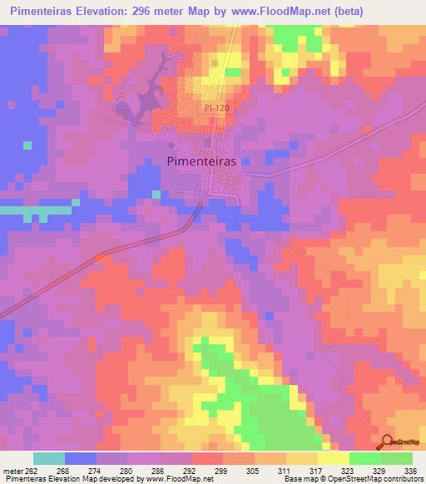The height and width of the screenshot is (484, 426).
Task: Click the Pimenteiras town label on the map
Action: pyautogui.click(x=202, y=163)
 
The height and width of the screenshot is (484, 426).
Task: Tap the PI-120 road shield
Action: pyautogui.click(x=214, y=107)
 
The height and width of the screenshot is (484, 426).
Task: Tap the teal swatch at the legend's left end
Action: pyautogui.click(x=49, y=458)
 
